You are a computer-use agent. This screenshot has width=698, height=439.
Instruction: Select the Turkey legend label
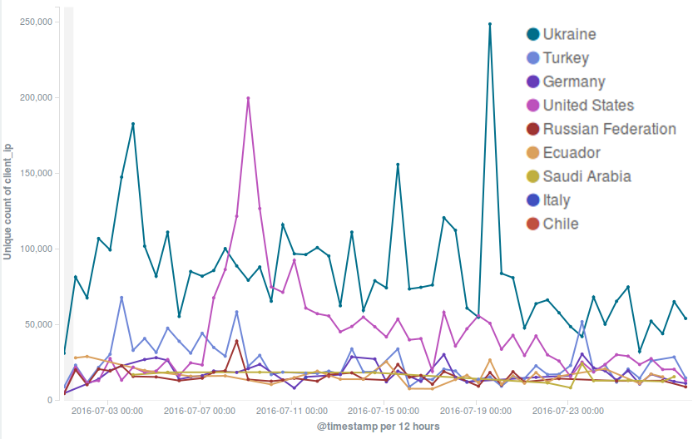566,58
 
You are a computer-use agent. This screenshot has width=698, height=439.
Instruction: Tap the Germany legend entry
574,81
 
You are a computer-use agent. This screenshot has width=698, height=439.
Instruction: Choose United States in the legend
588,106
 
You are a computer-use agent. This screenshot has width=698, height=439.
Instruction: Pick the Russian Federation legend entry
609,129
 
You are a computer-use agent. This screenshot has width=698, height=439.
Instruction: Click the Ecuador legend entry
571,153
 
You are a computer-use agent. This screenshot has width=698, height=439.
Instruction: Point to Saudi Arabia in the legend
587,176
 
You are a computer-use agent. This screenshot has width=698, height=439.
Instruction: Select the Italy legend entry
557,200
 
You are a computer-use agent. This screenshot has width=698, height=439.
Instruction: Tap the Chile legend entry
560,224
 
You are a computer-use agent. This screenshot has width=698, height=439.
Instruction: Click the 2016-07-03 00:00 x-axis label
107,410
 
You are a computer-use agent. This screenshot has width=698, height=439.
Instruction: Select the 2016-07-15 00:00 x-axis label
383,410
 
